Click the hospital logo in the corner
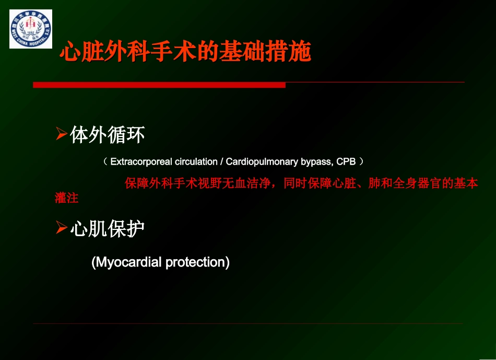tap(31, 29)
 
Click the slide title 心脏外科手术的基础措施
tap(185, 52)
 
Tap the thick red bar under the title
tap(159, 85)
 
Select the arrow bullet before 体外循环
tap(62, 135)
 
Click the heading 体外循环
tap(108, 135)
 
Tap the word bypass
tap(317, 161)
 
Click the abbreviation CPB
tap(346, 161)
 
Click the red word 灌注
tap(66, 198)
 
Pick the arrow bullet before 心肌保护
tap(62, 228)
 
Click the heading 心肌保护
tap(108, 228)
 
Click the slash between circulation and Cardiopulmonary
tap(222, 161)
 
